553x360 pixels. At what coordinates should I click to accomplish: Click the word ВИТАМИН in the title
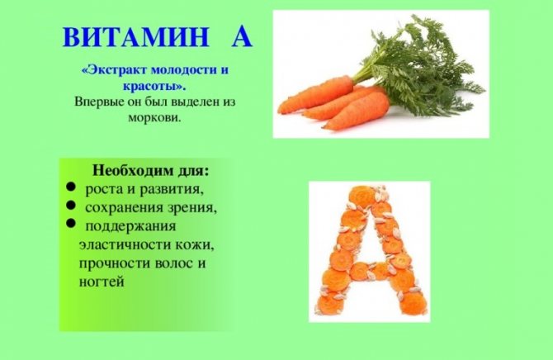pos(136,36)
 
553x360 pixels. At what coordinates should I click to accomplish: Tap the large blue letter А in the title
pos(242,36)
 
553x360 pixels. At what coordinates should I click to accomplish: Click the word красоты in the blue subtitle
pos(154,86)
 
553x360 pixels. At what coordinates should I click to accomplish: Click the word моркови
pos(154,117)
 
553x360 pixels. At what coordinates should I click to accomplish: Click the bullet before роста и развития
pos(70,187)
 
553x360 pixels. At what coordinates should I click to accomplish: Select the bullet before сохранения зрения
pos(70,204)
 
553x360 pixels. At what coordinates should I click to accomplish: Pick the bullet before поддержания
pos(70,223)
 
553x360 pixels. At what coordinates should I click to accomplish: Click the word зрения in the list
pos(191,208)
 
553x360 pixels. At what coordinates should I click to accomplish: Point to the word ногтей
pos(102,282)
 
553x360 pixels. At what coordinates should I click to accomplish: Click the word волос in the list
pos(172,263)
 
